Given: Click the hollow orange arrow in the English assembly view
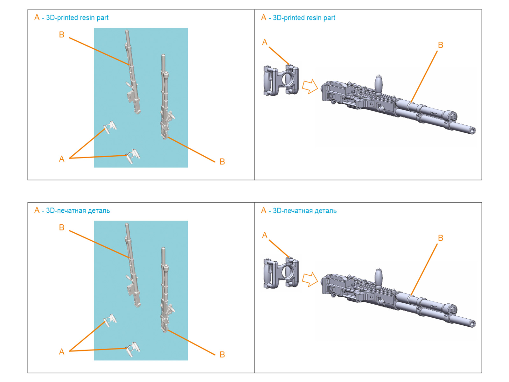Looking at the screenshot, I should click(x=310, y=86).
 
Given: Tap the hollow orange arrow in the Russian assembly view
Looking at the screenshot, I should click(x=310, y=279).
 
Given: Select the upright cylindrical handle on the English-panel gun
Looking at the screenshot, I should click(x=379, y=85).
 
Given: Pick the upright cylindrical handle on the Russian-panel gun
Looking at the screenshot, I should click(x=379, y=278).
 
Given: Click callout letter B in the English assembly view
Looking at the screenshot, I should click(x=441, y=45).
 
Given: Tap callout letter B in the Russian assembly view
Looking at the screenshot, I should click(x=441, y=238).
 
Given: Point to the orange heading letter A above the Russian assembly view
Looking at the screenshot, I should click(x=264, y=210).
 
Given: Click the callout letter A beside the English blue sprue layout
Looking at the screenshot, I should click(x=62, y=159).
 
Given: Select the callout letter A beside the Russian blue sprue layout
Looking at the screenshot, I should click(x=62, y=352).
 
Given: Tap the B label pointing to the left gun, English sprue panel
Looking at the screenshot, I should click(x=62, y=35).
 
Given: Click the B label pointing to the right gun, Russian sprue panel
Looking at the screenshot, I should click(x=222, y=355).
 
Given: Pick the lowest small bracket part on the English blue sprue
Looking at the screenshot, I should click(x=132, y=156).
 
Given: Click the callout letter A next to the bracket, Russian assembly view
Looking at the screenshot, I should click(x=265, y=235).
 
